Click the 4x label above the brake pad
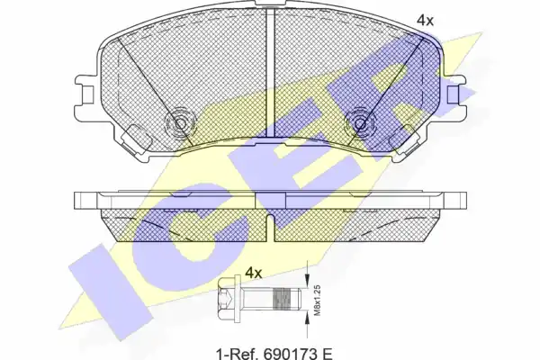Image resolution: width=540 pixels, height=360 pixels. click(425, 21)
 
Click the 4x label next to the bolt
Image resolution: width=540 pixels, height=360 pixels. click(254, 274)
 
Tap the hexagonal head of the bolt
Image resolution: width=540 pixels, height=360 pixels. click(226, 299)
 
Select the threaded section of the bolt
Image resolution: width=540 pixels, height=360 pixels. click(282, 299)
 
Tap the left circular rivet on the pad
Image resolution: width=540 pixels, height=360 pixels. click(181, 123)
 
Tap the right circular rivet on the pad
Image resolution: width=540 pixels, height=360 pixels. click(360, 123)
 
